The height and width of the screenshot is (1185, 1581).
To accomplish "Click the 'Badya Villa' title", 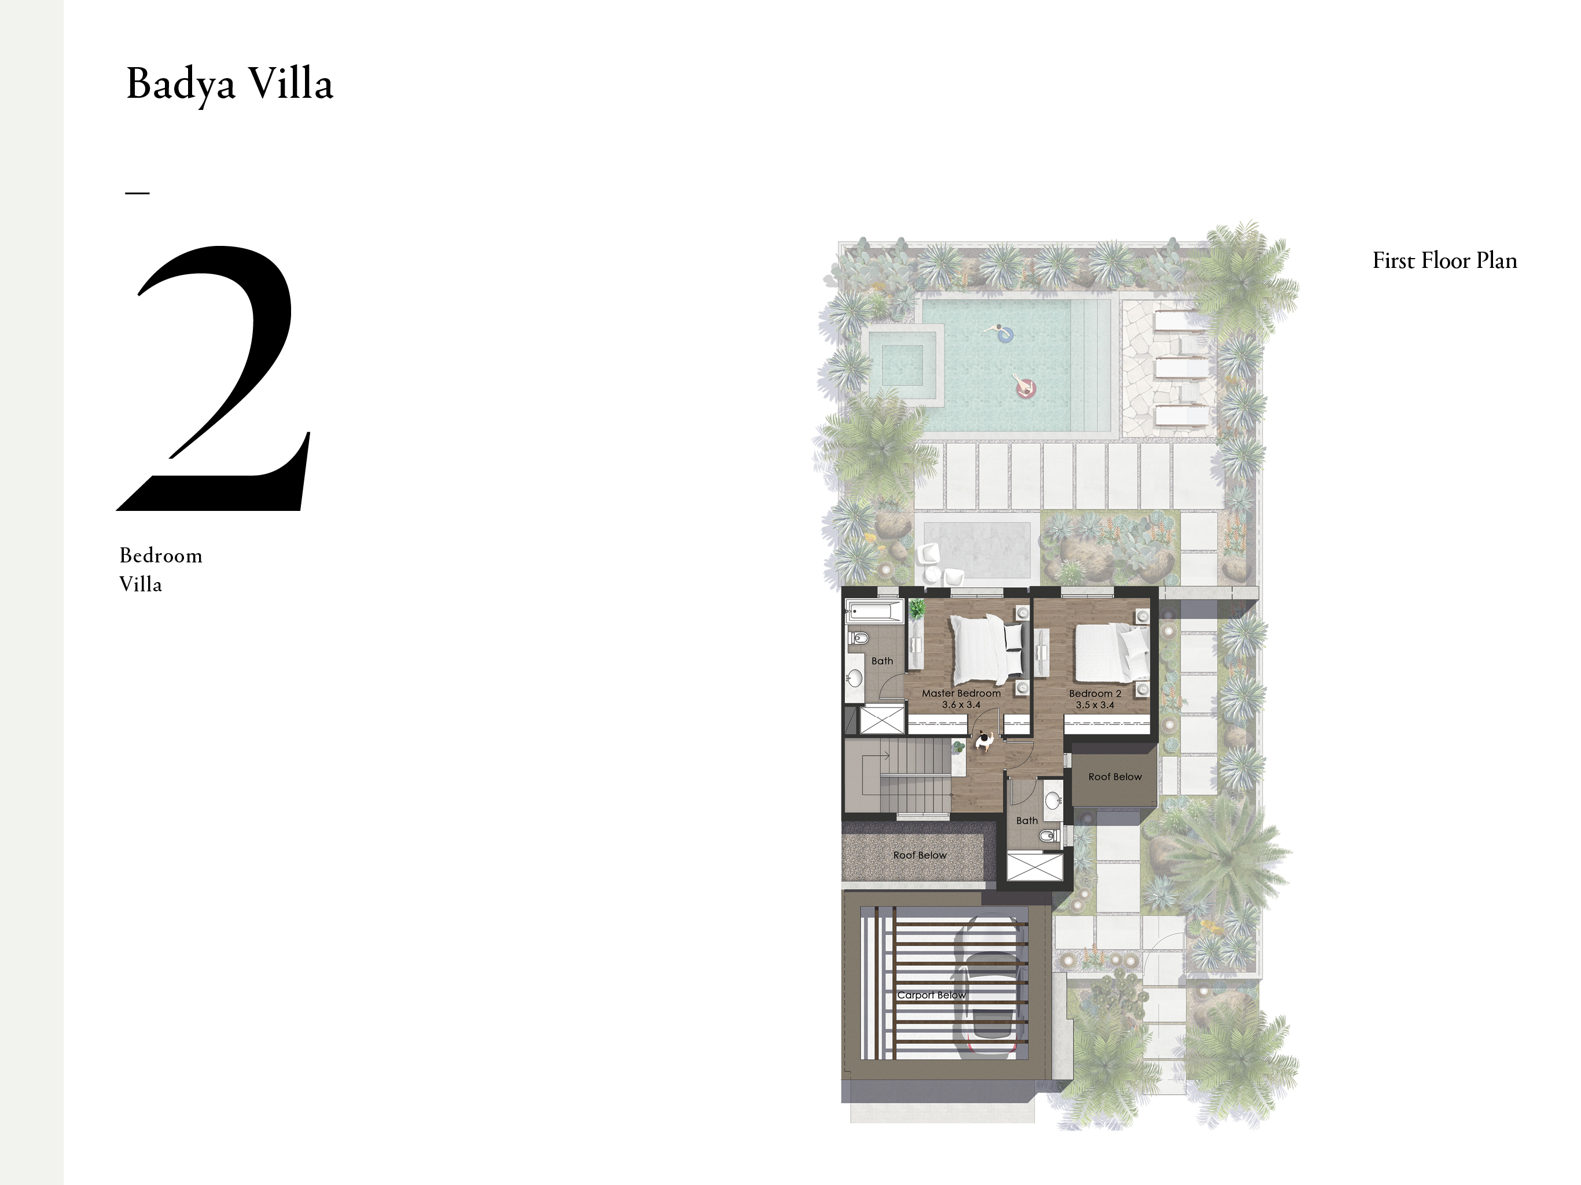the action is tap(229, 84).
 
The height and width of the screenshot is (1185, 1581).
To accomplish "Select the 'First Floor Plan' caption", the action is tap(1444, 260).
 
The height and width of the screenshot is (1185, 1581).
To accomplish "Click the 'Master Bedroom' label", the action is tap(961, 693).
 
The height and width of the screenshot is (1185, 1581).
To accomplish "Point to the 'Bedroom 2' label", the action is tap(1095, 693).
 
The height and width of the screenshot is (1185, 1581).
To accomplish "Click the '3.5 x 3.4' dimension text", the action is tap(1095, 705).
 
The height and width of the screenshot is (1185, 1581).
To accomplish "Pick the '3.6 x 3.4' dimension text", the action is tap(961, 705).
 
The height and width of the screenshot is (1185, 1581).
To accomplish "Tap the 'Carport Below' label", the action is tap(931, 995).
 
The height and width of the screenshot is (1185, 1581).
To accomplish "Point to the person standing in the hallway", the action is tap(985, 741).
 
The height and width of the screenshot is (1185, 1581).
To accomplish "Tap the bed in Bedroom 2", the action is tap(1112, 653).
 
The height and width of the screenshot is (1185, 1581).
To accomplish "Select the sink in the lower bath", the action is tap(1053, 798).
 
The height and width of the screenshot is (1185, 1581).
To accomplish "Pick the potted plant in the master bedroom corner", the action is tap(915, 609).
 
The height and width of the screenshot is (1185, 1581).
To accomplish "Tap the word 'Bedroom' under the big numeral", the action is tap(161, 555).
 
